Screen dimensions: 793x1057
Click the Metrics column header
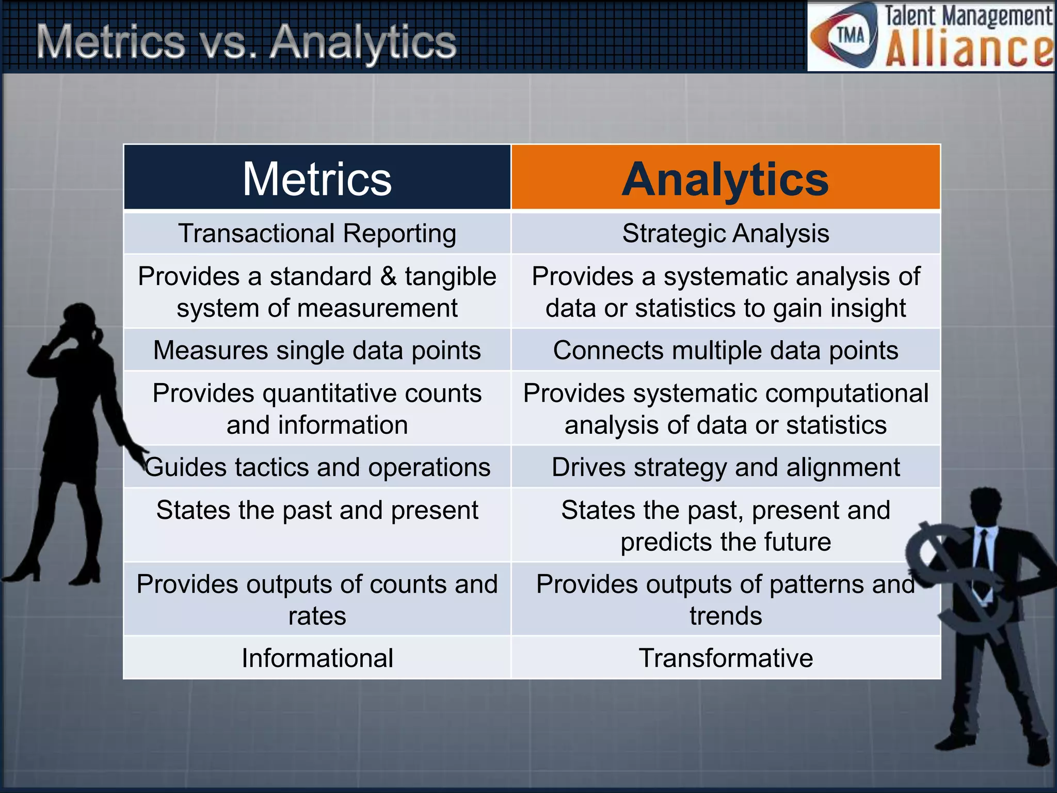click(317, 178)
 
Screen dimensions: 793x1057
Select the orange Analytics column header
click(725, 178)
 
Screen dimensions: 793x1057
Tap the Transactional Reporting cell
click(317, 233)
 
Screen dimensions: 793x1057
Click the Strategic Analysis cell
click(725, 233)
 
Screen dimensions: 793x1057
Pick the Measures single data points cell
click(317, 350)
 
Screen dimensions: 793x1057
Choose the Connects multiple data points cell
click(725, 350)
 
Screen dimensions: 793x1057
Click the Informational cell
click(317, 658)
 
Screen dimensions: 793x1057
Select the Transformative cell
click(725, 658)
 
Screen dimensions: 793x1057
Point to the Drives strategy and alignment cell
click(725, 467)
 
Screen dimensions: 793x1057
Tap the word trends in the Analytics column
click(725, 616)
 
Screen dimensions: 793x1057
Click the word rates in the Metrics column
click(317, 616)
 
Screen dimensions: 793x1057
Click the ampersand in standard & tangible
click(388, 276)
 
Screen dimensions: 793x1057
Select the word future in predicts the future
click(797, 542)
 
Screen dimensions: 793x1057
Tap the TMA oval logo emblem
click(846, 36)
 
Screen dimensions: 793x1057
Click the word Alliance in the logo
click(968, 50)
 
